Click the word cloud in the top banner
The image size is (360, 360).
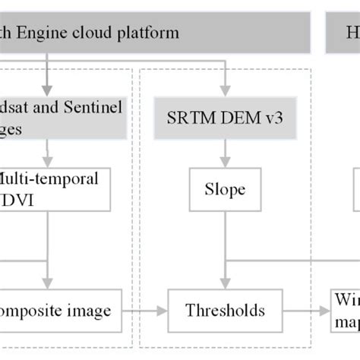point(99,33)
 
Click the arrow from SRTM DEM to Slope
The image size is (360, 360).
point(223,155)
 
